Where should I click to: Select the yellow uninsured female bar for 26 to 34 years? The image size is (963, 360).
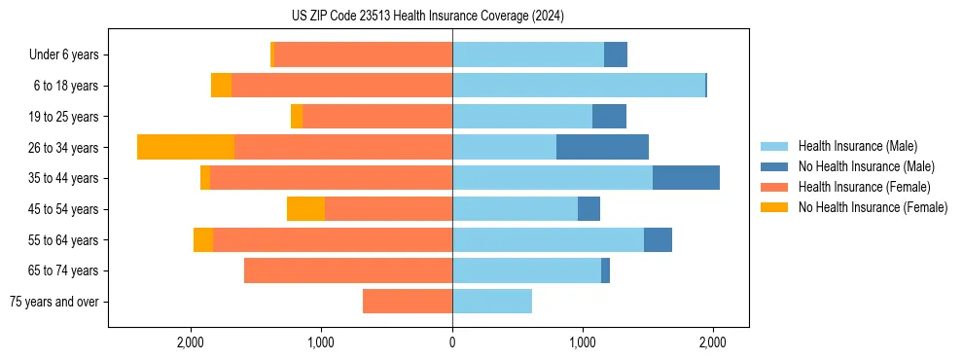[186, 147]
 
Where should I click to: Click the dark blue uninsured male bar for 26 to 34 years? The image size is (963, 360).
[602, 147]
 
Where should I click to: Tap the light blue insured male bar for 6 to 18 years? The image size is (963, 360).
[579, 86]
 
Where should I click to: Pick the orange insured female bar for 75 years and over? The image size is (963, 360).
[408, 302]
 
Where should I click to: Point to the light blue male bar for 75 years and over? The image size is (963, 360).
[492, 302]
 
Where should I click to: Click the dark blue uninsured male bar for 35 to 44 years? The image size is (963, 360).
[686, 178]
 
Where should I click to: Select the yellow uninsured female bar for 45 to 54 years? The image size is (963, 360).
[305, 209]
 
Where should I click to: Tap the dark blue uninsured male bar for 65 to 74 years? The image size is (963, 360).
[605, 270]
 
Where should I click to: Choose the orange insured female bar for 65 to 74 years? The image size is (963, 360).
[348, 270]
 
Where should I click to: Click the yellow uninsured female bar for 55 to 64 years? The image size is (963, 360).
[203, 239]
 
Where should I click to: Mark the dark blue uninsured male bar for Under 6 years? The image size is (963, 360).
[616, 54]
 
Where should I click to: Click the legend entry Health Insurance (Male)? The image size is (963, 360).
[857, 146]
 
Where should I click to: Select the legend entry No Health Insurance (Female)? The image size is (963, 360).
[873, 207]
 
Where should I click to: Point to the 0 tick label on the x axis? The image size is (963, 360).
[452, 342]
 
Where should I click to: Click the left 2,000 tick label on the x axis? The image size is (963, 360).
[191, 342]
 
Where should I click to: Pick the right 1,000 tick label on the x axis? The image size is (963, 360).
[583, 342]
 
